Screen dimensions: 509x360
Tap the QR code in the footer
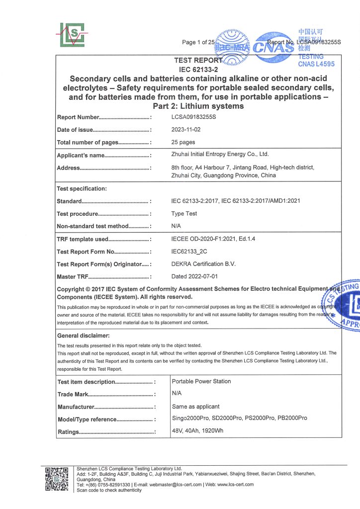pos(56,479)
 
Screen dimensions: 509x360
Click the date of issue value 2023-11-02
pos(187,130)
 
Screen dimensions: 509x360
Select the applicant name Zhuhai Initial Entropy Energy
pos(220,155)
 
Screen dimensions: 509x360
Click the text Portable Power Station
pos(201,381)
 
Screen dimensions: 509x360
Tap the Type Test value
pos(184,214)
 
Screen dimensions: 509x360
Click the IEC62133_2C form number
pos(189,252)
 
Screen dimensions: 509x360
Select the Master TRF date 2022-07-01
pos(194,276)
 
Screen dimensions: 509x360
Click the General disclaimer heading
pos(83,336)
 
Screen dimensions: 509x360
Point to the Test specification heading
pos(82,189)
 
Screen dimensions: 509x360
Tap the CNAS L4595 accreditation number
pos(316,64)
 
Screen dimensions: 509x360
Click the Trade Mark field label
pos(73,394)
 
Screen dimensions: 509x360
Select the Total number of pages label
pos(88,143)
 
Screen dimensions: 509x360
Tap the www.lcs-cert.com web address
pos(233,484)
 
